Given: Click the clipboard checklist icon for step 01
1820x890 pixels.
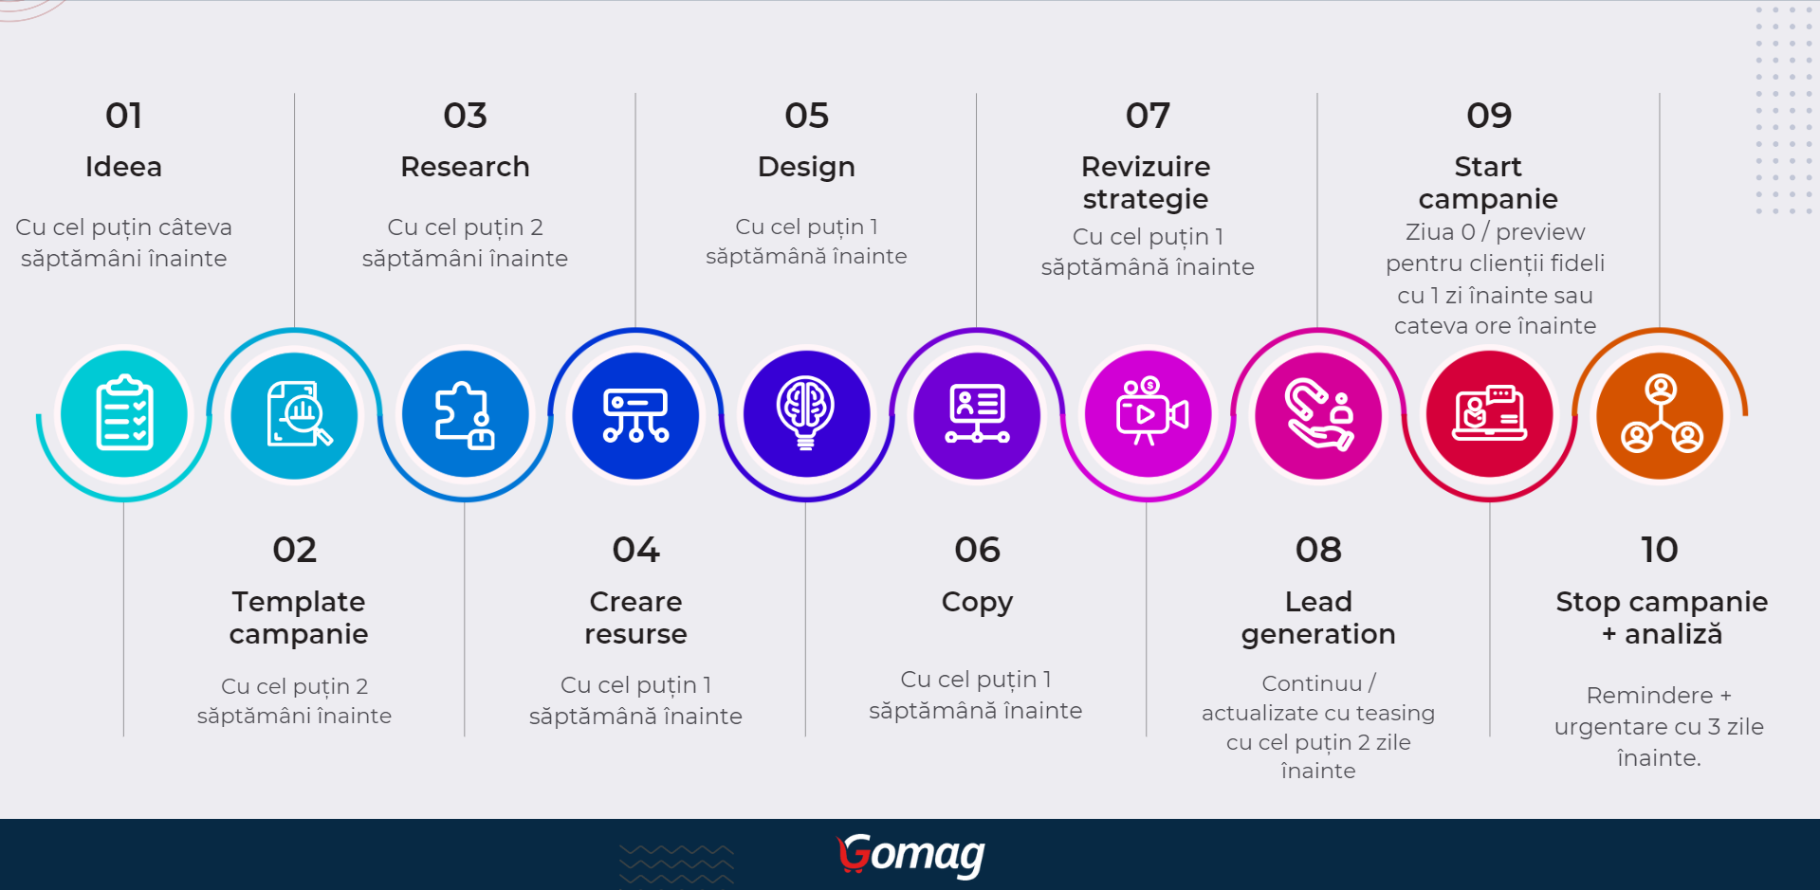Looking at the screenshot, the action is (x=124, y=414).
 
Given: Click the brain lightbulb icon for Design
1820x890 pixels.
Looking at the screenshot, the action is (x=806, y=413).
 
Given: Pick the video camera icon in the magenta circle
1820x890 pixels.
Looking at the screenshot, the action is (x=1150, y=411).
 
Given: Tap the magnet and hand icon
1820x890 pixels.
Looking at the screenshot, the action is (x=1319, y=414).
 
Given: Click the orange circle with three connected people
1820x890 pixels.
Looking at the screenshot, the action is (x=1661, y=414).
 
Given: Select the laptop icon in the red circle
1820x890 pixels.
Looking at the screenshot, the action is (x=1490, y=413).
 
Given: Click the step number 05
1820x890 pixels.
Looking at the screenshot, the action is (x=806, y=116).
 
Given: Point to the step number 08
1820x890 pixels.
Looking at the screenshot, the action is (x=1318, y=550).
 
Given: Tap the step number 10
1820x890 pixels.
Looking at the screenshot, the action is (x=1660, y=550).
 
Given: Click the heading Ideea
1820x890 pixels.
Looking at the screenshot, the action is (x=123, y=167).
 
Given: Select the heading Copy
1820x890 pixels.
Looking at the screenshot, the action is (x=977, y=603).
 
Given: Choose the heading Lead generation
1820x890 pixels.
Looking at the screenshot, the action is (x=1318, y=618).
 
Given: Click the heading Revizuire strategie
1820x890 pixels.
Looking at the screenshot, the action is (x=1146, y=183).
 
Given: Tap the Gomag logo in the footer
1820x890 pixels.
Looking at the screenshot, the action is (x=911, y=855).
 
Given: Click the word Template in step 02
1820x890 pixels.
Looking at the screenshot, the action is (x=299, y=602).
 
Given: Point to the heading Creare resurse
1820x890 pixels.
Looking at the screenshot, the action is (x=635, y=618).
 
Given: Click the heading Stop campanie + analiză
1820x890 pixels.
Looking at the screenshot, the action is (x=1662, y=618).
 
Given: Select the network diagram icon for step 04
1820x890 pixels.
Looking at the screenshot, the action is (x=636, y=415).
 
